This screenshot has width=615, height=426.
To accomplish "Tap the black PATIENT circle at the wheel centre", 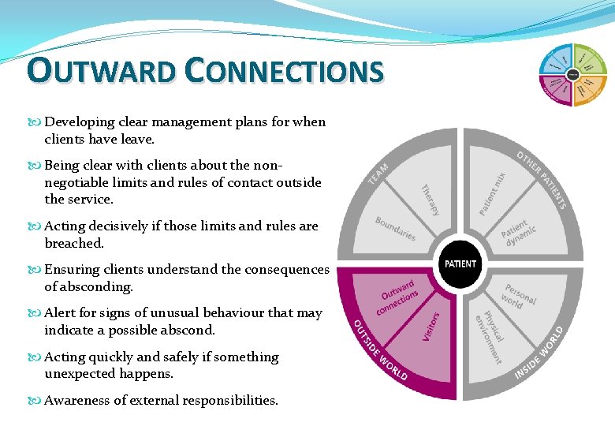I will tap(460, 263).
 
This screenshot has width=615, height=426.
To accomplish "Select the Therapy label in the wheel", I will tap(430, 200).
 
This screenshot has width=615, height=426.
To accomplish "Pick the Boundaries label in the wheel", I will tap(395, 229).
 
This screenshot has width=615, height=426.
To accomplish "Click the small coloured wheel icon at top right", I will tap(572, 75).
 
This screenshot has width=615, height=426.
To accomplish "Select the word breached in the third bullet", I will tap(74, 244).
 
